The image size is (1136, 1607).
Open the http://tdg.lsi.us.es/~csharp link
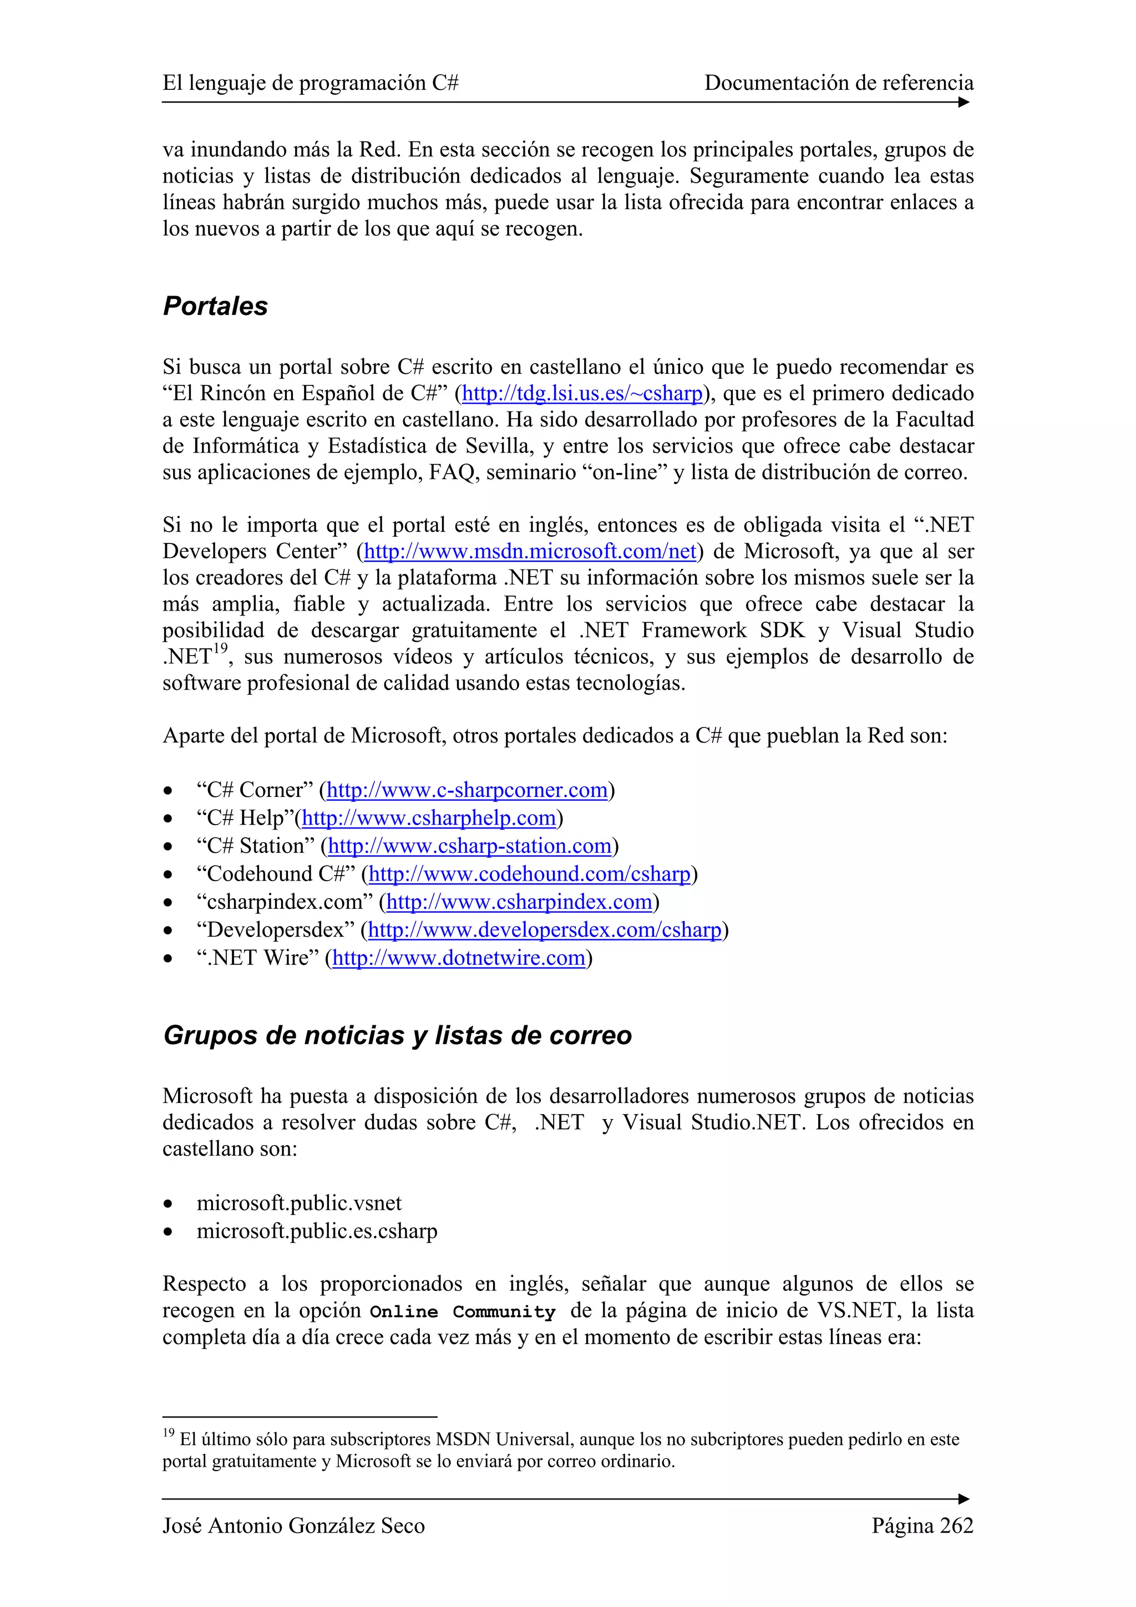point(582,393)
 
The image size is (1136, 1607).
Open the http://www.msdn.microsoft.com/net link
point(530,552)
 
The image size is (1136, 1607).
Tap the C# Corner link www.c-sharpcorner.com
point(467,790)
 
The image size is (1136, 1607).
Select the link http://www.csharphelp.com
point(428,818)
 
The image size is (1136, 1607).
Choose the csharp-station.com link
point(470,846)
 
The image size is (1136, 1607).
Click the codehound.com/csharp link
point(529,874)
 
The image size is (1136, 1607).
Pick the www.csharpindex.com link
point(519,902)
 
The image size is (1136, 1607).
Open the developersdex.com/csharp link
point(544,930)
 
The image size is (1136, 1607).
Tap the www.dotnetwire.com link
point(459,958)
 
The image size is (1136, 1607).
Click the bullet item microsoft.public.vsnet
point(299,1203)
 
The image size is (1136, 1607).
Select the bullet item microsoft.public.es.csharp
point(316,1231)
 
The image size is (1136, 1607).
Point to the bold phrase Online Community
point(462,1311)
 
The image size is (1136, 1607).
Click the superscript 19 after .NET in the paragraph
point(220,649)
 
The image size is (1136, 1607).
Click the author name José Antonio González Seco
point(293,1526)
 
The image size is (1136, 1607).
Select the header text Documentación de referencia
point(839,83)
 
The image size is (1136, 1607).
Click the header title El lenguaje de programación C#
point(310,83)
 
